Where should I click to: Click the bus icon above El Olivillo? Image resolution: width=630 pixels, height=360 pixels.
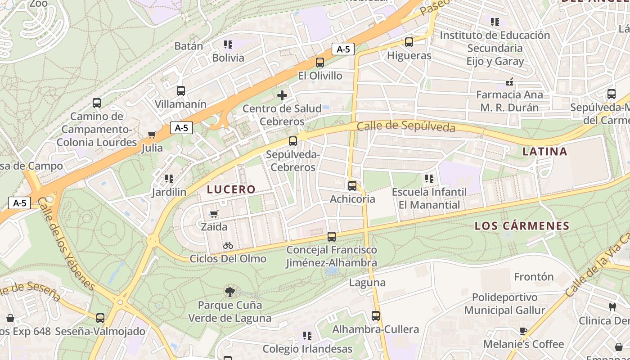click(x=320, y=63)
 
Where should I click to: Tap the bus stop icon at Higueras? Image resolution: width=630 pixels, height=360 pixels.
click(x=409, y=42)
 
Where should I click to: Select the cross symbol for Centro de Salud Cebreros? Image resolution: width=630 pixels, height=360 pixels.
click(x=282, y=95)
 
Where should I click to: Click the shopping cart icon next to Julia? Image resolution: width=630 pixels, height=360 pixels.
click(x=152, y=135)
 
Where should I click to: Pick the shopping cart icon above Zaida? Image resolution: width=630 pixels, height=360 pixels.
click(x=214, y=214)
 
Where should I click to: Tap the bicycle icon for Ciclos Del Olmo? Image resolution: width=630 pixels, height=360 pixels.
click(x=228, y=245)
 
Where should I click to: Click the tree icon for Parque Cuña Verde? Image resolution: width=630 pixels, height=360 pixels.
click(x=230, y=292)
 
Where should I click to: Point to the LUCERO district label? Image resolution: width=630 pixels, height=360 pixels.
click(x=231, y=189)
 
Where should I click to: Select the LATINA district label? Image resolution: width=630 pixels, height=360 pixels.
click(x=545, y=152)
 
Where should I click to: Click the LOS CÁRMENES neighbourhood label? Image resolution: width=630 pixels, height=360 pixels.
click(x=522, y=226)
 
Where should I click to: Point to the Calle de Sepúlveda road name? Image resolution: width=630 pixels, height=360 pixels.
click(x=406, y=126)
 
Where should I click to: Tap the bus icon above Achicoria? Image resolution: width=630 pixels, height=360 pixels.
click(x=352, y=185)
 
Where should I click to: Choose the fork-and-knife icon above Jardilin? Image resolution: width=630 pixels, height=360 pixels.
click(x=169, y=179)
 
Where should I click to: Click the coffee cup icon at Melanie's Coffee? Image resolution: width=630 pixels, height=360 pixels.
click(x=523, y=331)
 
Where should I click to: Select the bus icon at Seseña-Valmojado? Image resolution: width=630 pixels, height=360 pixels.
click(x=100, y=318)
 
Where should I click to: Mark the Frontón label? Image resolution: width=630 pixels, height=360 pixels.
click(x=534, y=276)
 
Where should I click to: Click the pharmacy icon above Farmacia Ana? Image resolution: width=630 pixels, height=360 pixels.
click(x=509, y=82)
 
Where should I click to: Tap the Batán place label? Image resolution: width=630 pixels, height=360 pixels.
click(x=189, y=46)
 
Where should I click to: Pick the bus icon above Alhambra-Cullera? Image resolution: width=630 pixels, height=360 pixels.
click(x=376, y=316)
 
